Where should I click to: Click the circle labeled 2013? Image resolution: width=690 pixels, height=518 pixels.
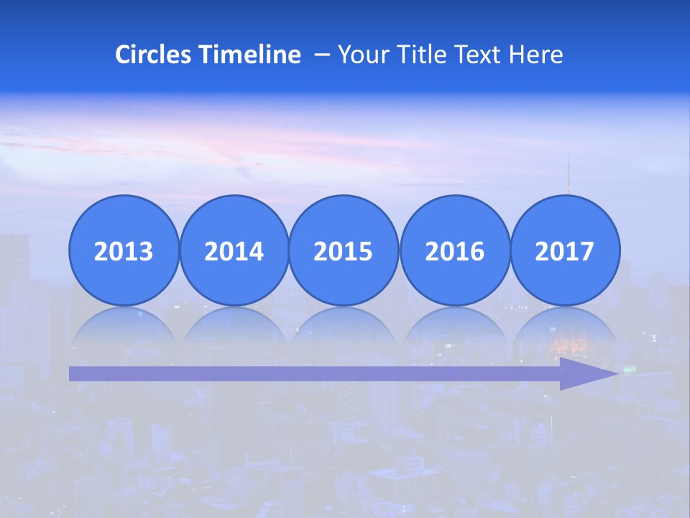point(124,250)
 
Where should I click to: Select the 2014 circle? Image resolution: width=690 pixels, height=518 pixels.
point(234,250)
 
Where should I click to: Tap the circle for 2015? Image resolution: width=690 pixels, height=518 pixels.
point(344,250)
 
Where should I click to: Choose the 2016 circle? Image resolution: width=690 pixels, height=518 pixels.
point(454,250)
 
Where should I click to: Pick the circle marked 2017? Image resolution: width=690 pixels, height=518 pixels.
point(564,250)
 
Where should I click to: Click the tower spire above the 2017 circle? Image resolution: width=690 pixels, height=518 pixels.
point(569,173)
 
